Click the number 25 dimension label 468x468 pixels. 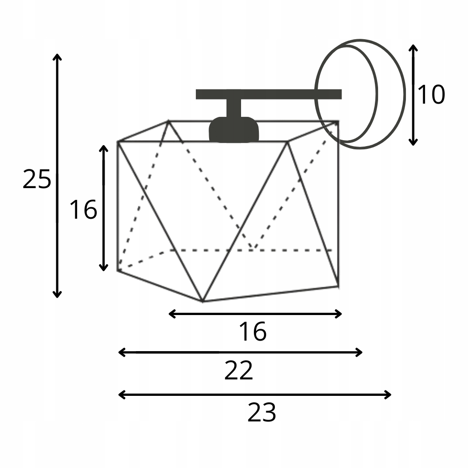[37, 179]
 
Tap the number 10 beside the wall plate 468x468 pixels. [431, 95]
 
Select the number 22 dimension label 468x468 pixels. [238, 371]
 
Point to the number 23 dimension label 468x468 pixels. [262, 413]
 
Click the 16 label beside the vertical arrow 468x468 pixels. [83, 210]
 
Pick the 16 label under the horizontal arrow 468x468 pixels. [252, 332]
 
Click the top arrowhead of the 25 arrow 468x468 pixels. [57, 56]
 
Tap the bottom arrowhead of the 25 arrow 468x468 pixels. [57, 295]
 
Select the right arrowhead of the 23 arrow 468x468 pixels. [389, 394]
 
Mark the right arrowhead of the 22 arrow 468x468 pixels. [360, 352]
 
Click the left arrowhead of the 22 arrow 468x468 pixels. [121, 352]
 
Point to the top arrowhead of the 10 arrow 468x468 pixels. [413, 47]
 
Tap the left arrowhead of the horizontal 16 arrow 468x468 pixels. [171, 314]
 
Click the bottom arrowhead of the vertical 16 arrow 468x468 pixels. [104, 268]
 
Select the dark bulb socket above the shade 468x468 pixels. [233, 130]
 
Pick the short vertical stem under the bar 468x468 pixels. [233, 109]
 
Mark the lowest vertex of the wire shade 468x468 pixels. [203, 301]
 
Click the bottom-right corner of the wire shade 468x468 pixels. [338, 286]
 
